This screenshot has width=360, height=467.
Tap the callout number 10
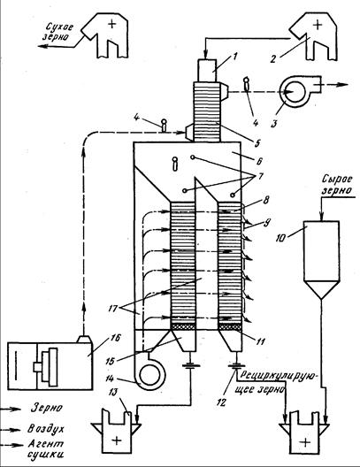point(281,238)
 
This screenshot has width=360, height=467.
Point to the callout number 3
point(273,123)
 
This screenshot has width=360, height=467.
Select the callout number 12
point(221,402)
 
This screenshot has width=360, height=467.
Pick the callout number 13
point(114,393)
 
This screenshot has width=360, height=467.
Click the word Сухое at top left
point(59,27)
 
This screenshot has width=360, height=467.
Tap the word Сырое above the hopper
point(337,180)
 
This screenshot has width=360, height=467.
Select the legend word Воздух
point(46,429)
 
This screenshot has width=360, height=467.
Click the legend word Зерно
point(47,408)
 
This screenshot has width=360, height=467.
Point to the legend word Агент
point(46,444)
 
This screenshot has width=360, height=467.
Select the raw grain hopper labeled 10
point(321,260)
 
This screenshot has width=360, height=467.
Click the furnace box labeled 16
point(50,366)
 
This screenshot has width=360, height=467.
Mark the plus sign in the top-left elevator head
point(112,24)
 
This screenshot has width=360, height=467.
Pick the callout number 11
point(260,341)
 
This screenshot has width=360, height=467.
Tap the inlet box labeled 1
point(207,71)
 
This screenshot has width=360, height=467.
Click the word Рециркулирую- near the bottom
point(279,375)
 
